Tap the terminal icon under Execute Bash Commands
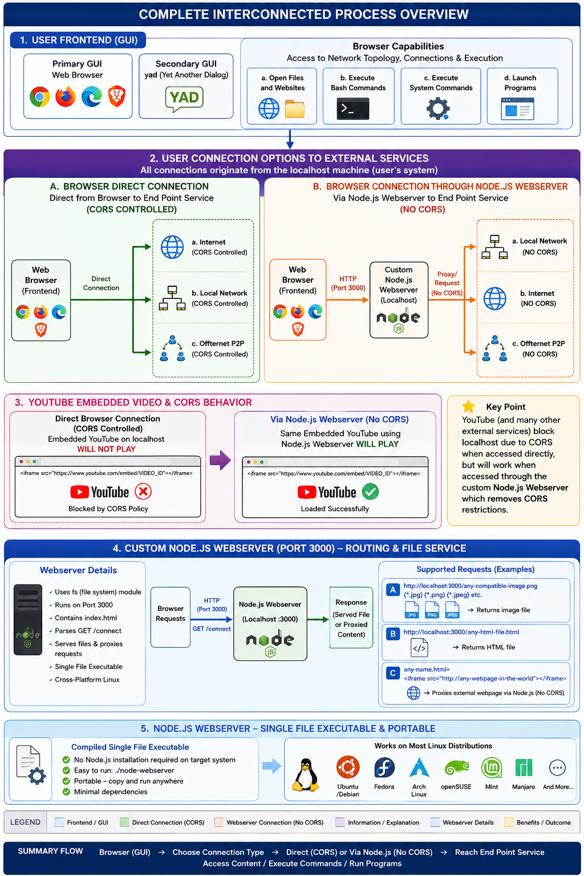coord(352,108)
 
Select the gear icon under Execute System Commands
coord(437,109)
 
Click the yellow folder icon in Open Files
coord(295,109)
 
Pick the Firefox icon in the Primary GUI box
coord(66,96)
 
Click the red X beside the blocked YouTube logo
coord(143,492)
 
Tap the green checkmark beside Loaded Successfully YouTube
coord(370,492)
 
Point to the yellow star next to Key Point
coord(468,406)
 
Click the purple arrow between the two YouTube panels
coord(220,460)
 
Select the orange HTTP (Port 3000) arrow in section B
coord(347,300)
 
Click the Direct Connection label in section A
coord(101,283)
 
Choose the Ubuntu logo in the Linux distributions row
coord(348,767)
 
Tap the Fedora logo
coord(384,767)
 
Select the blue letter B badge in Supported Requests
coord(393,634)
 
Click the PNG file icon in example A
coord(432,610)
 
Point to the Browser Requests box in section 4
coord(171,617)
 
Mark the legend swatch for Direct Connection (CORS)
coord(124,822)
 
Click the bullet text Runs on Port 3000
coord(84,605)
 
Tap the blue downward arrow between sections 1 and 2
coord(290,139)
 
